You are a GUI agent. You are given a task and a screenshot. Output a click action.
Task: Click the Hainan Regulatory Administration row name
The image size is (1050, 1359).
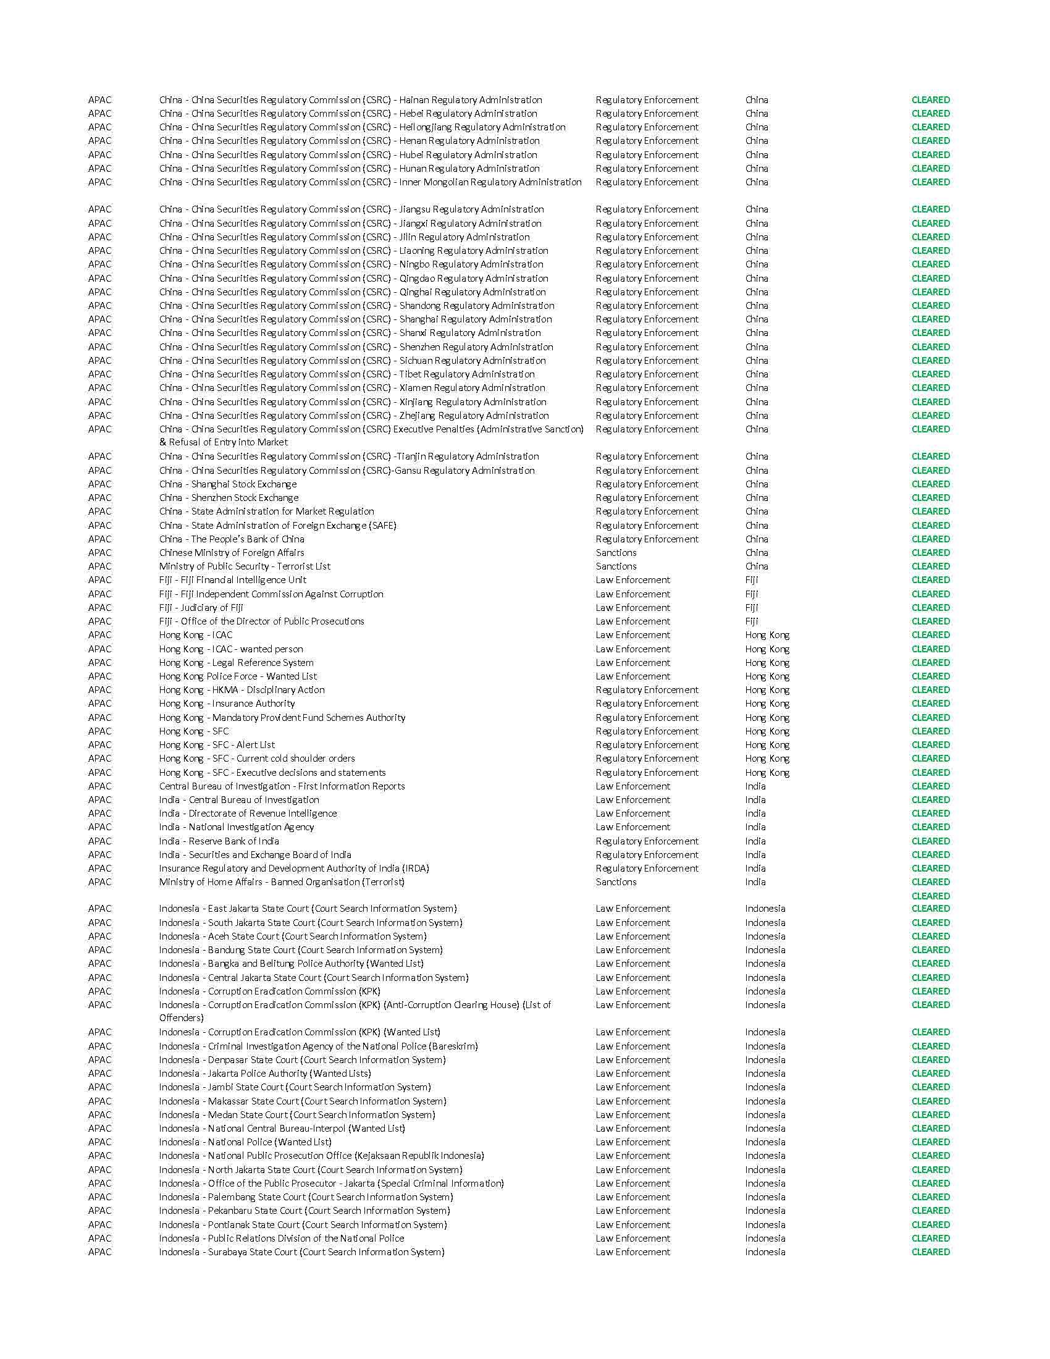pyautogui.click(x=350, y=100)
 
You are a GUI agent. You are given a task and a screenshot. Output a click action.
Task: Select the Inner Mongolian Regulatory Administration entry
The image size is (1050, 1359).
pyautogui.click(x=370, y=182)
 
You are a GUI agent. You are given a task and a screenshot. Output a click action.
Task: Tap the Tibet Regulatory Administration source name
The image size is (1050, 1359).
pyautogui.click(x=346, y=374)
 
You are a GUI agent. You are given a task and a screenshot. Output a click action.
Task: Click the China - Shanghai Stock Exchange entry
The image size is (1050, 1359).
pyautogui.click(x=228, y=484)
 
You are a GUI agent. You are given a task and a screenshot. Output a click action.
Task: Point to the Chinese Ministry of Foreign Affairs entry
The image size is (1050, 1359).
pyautogui.click(x=232, y=553)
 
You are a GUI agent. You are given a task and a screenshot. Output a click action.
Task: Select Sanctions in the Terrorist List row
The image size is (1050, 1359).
pyautogui.click(x=616, y=566)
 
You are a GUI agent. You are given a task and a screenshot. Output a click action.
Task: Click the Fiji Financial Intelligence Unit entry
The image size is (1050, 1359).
pyautogui.click(x=233, y=580)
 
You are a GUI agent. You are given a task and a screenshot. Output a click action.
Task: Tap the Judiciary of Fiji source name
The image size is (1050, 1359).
pyautogui.click(x=201, y=608)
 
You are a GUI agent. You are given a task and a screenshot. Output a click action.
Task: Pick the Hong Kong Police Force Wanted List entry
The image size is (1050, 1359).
pyautogui.click(x=238, y=676)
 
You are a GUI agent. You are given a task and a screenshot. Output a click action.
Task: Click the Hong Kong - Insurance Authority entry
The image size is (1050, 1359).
pyautogui.click(x=227, y=704)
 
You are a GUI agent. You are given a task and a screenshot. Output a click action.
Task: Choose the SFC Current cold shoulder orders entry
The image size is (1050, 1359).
pyautogui.click(x=257, y=759)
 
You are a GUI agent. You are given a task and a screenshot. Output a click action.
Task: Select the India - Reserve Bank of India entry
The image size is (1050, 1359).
pyautogui.click(x=219, y=841)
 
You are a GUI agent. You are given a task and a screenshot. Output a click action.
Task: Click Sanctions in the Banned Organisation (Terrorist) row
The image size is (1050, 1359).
pyautogui.click(x=616, y=882)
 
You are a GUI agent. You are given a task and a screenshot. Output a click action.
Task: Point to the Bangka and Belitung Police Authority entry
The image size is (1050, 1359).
pyautogui.click(x=291, y=964)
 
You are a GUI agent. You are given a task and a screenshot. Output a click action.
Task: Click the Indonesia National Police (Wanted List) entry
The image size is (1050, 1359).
pyautogui.click(x=245, y=1142)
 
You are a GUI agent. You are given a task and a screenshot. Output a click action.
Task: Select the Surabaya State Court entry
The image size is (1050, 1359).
pyautogui.click(x=301, y=1252)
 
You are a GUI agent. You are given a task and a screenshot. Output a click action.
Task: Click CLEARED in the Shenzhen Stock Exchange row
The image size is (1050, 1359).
pyautogui.click(x=931, y=498)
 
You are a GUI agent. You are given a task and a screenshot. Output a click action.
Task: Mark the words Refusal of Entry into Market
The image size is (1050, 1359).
pyautogui.click(x=229, y=442)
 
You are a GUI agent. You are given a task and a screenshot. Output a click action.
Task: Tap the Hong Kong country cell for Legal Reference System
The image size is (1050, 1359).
pyautogui.click(x=767, y=663)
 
